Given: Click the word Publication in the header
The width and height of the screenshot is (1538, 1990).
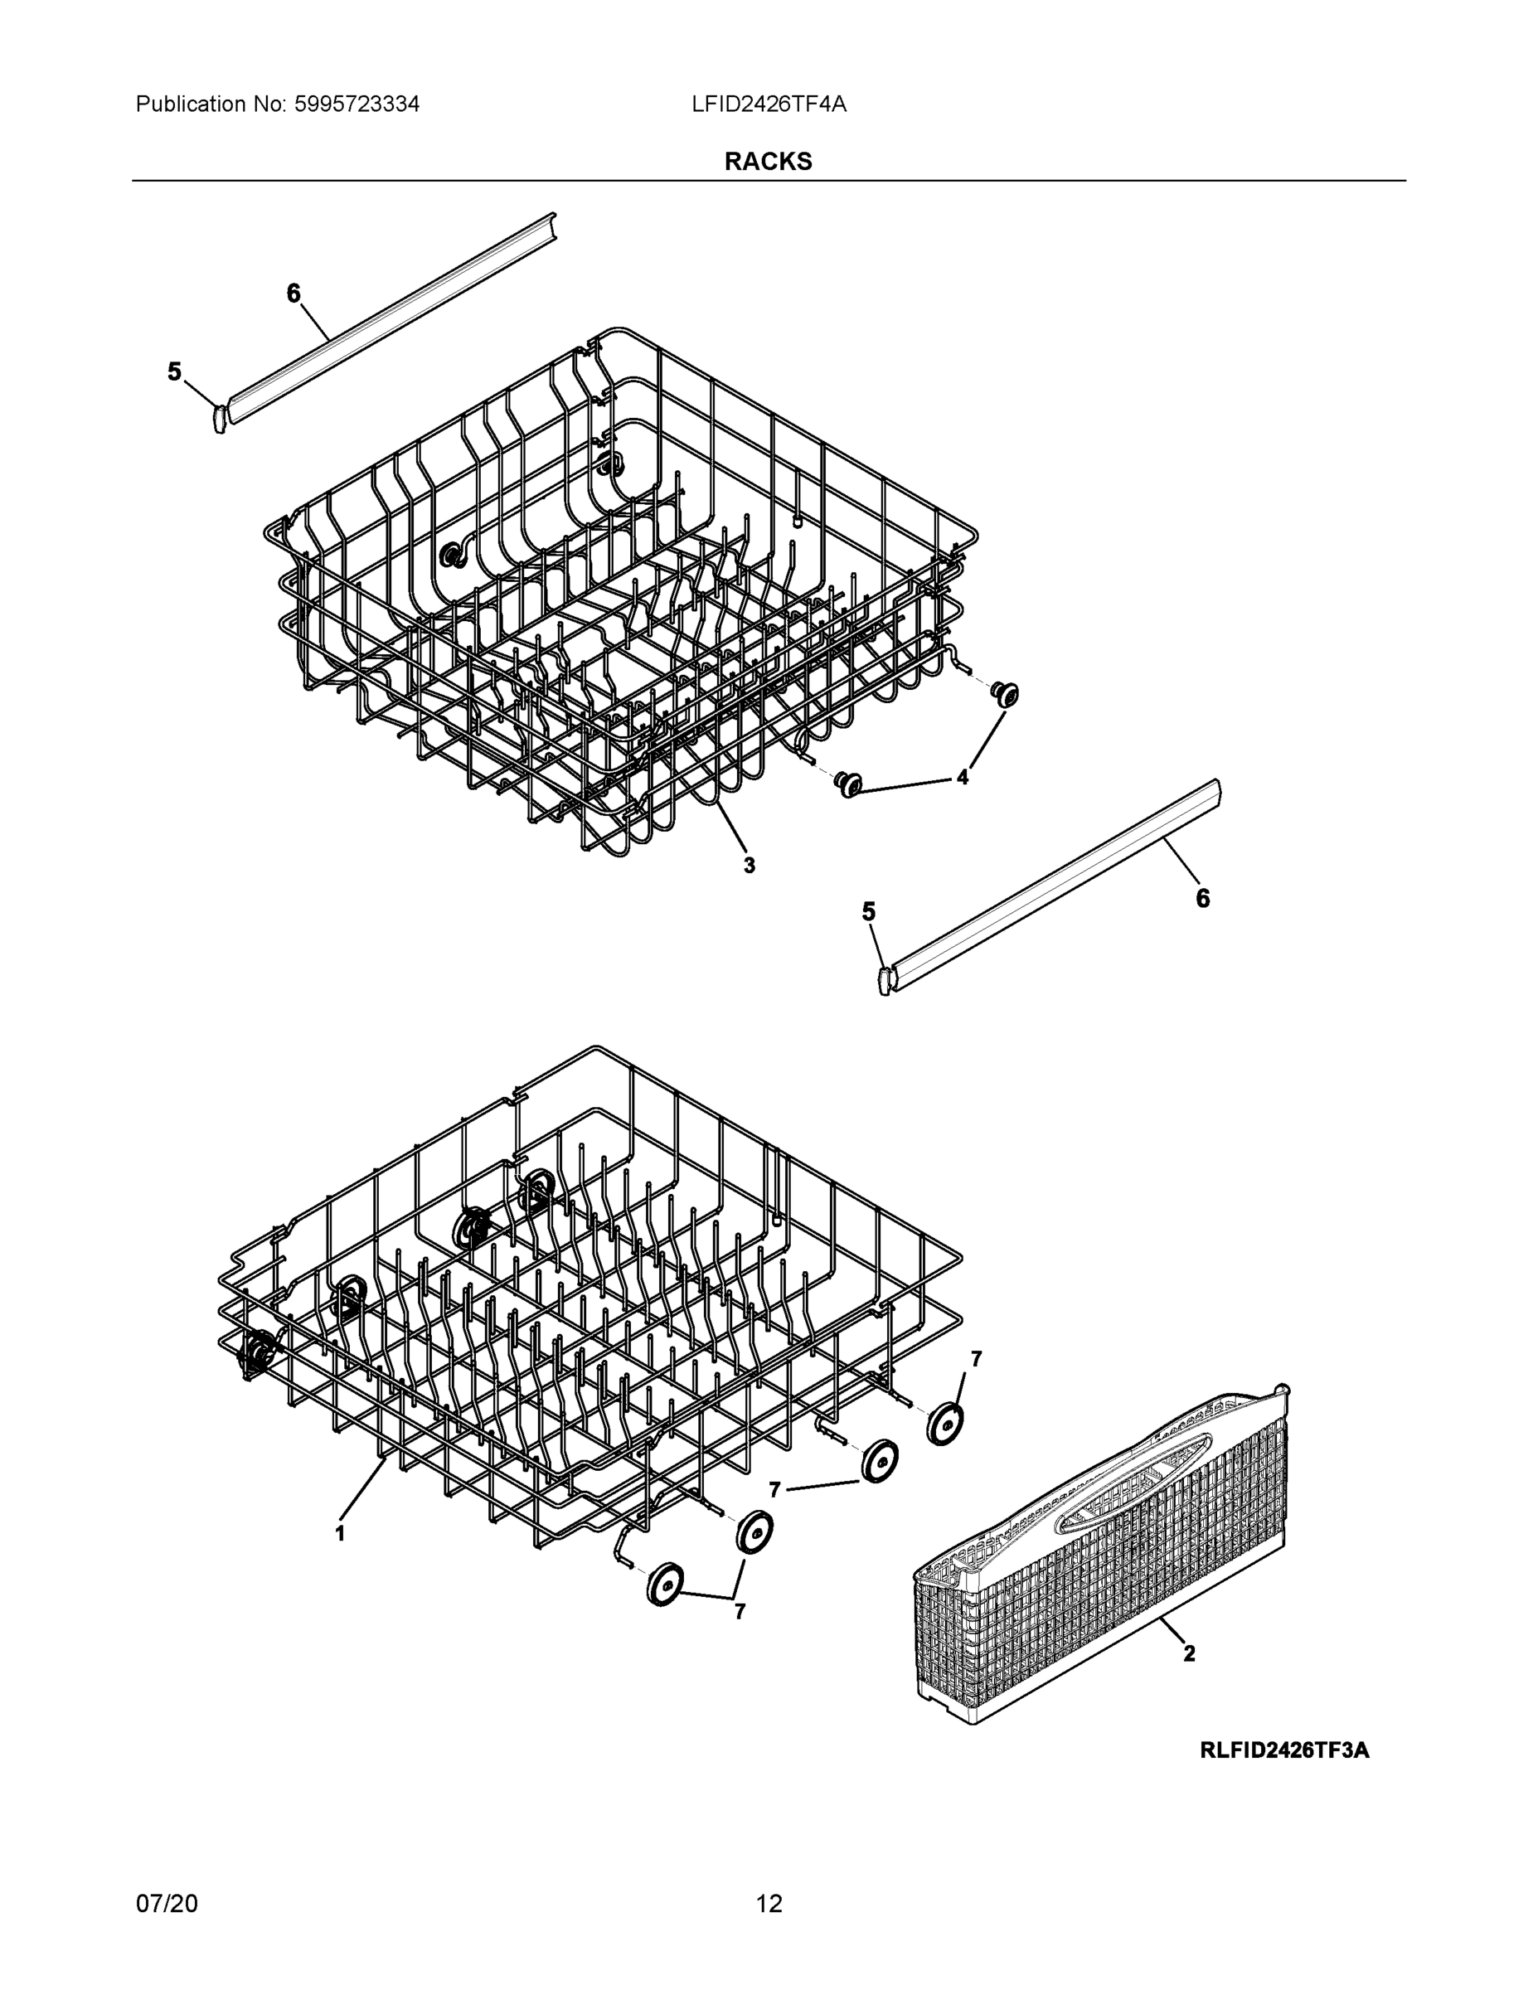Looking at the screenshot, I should pyautogui.click(x=191, y=104).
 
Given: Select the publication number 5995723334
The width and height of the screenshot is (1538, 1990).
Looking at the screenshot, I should pyautogui.click(x=357, y=104).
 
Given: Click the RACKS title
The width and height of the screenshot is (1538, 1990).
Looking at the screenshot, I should pyautogui.click(x=768, y=162).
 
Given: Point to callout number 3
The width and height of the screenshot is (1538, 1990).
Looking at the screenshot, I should pyautogui.click(x=749, y=865).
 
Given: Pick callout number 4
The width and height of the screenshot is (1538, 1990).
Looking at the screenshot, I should pyautogui.click(x=962, y=777).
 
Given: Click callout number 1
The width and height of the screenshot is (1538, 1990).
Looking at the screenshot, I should pyautogui.click(x=340, y=1533).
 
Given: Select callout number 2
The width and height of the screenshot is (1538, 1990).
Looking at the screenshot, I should pyautogui.click(x=1189, y=1652).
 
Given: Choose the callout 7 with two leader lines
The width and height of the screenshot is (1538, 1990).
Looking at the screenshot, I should pyautogui.click(x=739, y=1612).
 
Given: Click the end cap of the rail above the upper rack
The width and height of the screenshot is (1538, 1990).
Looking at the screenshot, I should pyautogui.click(x=219, y=417).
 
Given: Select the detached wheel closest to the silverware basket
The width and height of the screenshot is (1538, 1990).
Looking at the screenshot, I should pyautogui.click(x=945, y=1423).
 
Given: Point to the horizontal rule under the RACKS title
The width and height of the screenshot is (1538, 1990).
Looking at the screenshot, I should pyautogui.click(x=768, y=181).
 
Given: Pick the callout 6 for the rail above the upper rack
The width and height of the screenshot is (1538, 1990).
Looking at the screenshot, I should pyautogui.click(x=293, y=294).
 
